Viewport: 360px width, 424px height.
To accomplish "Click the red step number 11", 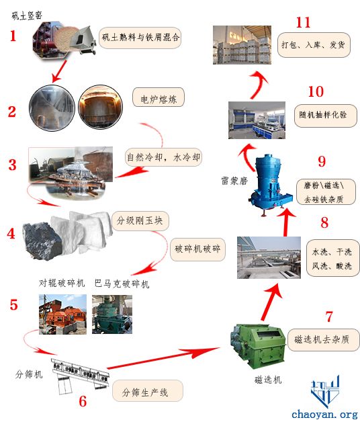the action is tap(303, 23).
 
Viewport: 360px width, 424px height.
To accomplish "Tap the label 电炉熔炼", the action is tap(159, 99).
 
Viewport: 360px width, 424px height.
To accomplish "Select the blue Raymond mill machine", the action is tap(270, 185).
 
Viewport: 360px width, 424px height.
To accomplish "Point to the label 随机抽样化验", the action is tap(322, 115).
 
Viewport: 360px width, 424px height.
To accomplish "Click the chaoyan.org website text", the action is tap(325, 414).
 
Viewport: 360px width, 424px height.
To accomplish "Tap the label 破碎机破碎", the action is tap(197, 249).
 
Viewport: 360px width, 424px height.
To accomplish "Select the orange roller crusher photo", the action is tap(62, 314).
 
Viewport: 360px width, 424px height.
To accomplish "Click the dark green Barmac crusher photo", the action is tap(112, 314).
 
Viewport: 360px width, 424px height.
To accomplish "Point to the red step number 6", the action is tap(83, 401).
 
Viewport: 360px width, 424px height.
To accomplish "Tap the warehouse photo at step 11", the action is tap(242, 45).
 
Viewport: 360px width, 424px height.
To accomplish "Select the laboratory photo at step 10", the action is tap(257, 120).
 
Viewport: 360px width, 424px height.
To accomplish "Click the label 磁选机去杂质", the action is tap(322, 339).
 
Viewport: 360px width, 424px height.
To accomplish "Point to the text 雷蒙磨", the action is tap(234, 180).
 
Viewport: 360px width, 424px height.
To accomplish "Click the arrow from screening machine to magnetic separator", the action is tap(163, 358).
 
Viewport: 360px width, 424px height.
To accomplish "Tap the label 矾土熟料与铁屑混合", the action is tap(140, 38).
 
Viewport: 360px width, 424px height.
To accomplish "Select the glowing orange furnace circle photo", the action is tap(100, 107).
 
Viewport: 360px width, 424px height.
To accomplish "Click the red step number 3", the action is tap(12, 165).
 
